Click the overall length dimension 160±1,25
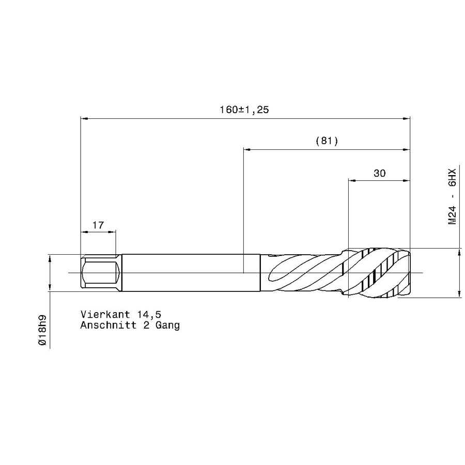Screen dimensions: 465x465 [244, 110]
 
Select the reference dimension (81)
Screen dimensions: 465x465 [326, 141]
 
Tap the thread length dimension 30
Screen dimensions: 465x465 [379, 173]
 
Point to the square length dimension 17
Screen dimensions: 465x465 [98, 225]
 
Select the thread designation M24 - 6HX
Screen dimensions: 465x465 [452, 196]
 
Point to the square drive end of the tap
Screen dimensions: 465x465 [100, 272]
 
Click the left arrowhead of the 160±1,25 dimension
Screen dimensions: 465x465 [84, 118]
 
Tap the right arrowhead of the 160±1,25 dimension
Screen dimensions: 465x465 [407, 118]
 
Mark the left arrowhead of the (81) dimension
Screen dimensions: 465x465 [246, 150]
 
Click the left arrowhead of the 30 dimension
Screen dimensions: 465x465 [352, 181]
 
